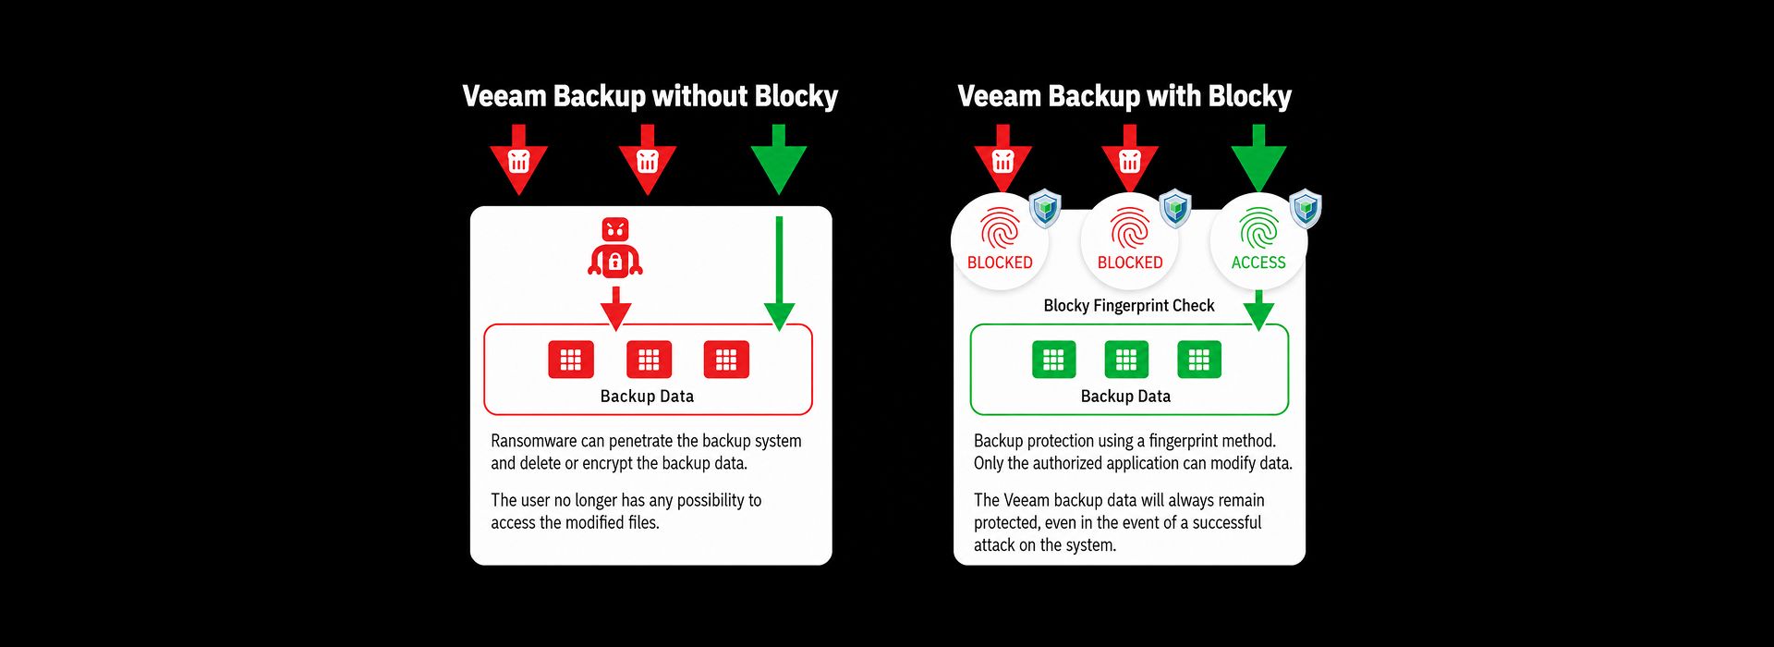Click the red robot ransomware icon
point(615,248)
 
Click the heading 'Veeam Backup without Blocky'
point(650,96)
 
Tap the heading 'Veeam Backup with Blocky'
point(1124,96)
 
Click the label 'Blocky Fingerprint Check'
point(1129,306)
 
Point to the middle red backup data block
point(649,360)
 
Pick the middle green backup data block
point(1126,360)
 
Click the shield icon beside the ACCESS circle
point(1306,209)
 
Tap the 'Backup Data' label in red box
point(647,397)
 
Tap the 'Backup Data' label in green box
point(1125,397)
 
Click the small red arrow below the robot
point(615,308)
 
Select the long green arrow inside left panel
point(779,274)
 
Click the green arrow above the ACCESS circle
point(1258,158)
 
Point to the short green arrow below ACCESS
point(1258,311)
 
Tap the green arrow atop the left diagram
point(779,159)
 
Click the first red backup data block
point(571,360)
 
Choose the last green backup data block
point(1199,360)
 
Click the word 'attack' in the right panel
point(994,545)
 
